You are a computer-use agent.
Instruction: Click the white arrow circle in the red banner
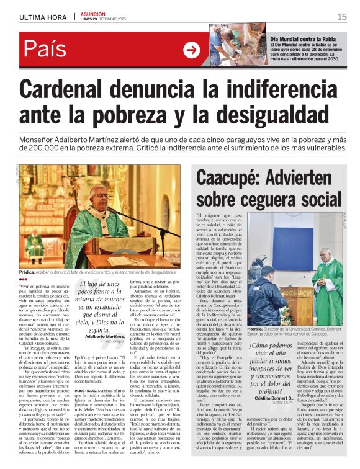coord(191,50)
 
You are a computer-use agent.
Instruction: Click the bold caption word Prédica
coord(27,272)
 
